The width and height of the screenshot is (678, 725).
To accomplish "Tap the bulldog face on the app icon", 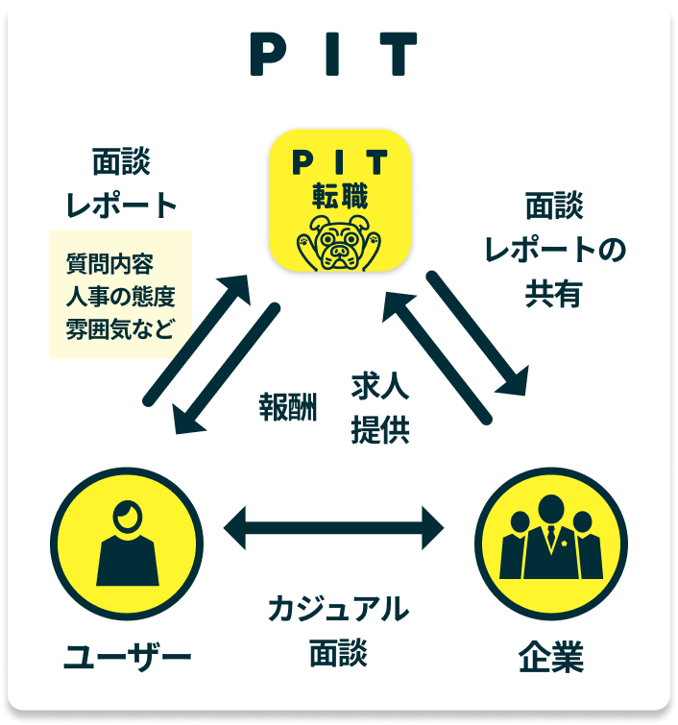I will click(x=339, y=244).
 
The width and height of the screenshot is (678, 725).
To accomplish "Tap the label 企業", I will click(x=551, y=659).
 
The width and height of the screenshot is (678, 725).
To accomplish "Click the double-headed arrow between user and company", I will click(x=333, y=526).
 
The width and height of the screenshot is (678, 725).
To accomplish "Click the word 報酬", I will click(x=287, y=405).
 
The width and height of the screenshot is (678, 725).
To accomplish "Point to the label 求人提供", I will click(x=380, y=409).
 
